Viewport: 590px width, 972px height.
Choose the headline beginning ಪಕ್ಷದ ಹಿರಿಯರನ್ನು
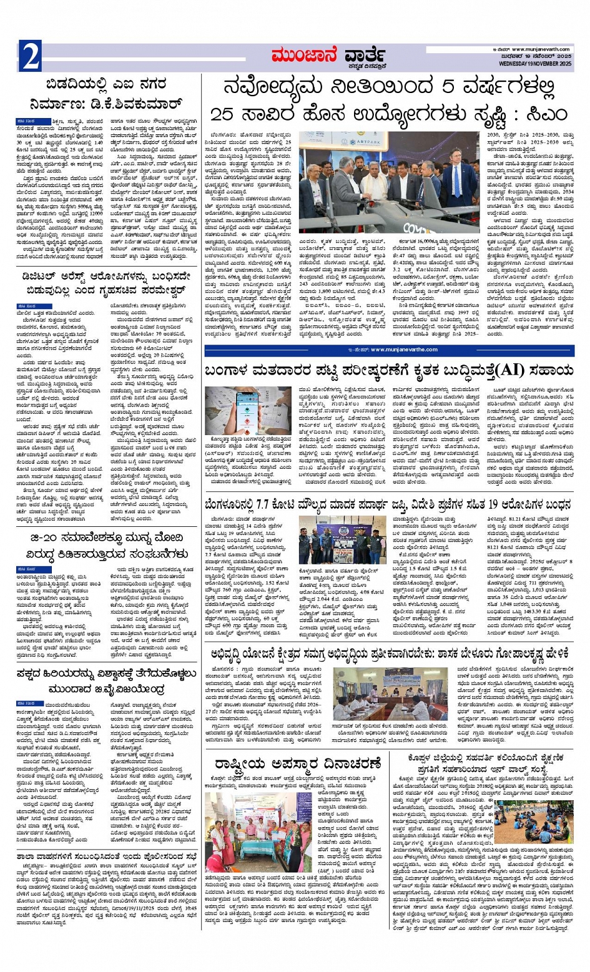[109, 680]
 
